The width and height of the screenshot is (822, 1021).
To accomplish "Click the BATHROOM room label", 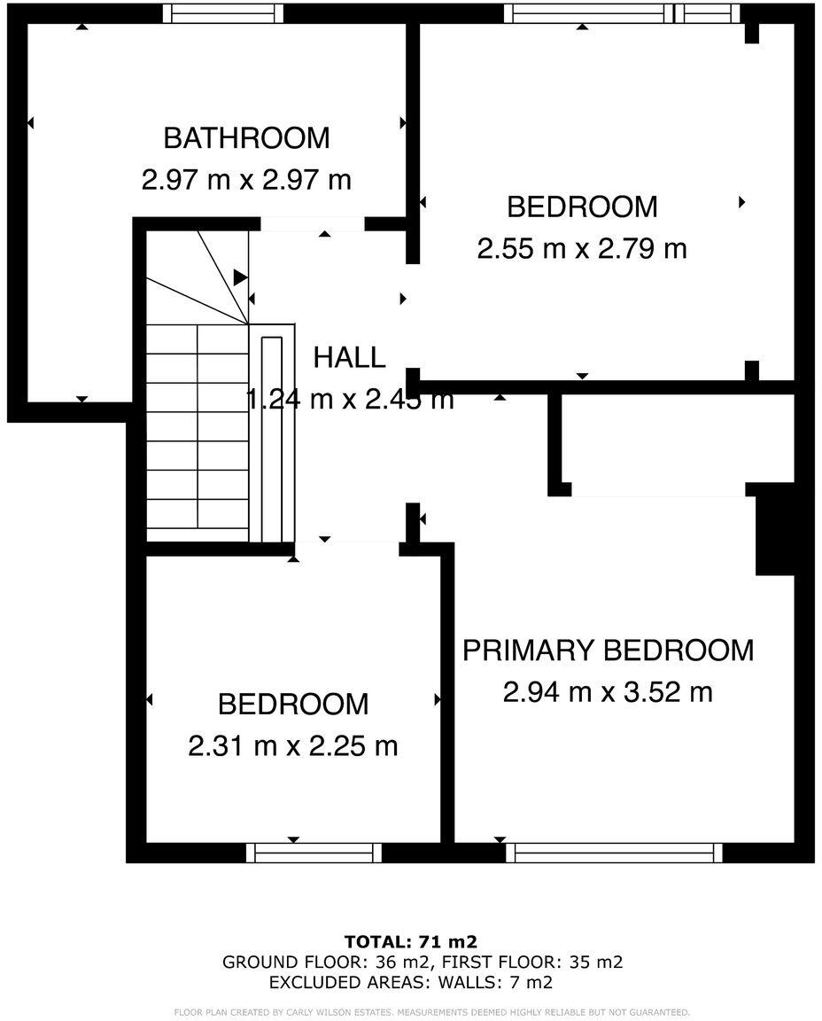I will click(246, 138).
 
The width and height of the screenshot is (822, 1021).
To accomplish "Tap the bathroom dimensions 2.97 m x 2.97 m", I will click(246, 180).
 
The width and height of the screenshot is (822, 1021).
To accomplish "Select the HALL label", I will click(349, 358).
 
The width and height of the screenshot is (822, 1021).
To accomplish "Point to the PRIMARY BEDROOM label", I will click(608, 650).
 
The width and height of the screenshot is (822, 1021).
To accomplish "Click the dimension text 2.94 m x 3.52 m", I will click(608, 691).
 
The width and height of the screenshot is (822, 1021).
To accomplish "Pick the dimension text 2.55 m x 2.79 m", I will click(582, 248).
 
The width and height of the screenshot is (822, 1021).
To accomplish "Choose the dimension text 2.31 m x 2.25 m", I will click(292, 745).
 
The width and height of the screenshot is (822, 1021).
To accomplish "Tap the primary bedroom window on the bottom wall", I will click(614, 853).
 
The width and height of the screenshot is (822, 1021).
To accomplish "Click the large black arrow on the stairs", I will click(240, 277).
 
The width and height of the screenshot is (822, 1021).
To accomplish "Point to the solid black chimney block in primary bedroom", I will click(772, 536).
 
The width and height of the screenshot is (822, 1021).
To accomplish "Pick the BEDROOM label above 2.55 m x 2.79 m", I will click(582, 207).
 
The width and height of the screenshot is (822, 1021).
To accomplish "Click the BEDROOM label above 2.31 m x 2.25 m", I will click(292, 705).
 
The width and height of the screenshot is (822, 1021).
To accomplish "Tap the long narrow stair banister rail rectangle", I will click(272, 438).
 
